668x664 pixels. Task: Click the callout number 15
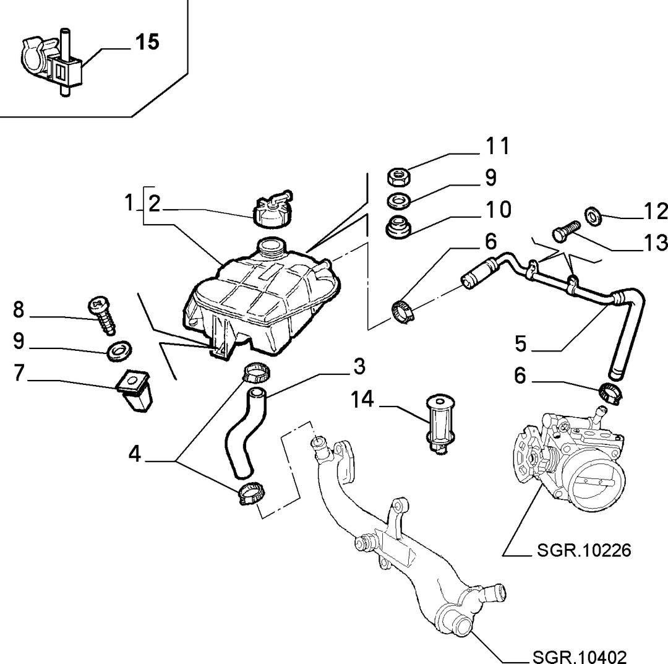[x=147, y=42]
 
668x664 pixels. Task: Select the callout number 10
[x=498, y=210]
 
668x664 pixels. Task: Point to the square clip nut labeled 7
[x=135, y=391]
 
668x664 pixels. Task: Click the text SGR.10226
[x=584, y=550]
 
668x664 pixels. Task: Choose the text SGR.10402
[x=580, y=657]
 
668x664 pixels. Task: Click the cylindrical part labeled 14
[x=440, y=425]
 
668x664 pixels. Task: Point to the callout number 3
[x=359, y=366]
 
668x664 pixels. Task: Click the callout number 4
[x=135, y=454]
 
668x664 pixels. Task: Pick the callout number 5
[x=521, y=343]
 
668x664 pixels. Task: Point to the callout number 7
[x=19, y=373]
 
